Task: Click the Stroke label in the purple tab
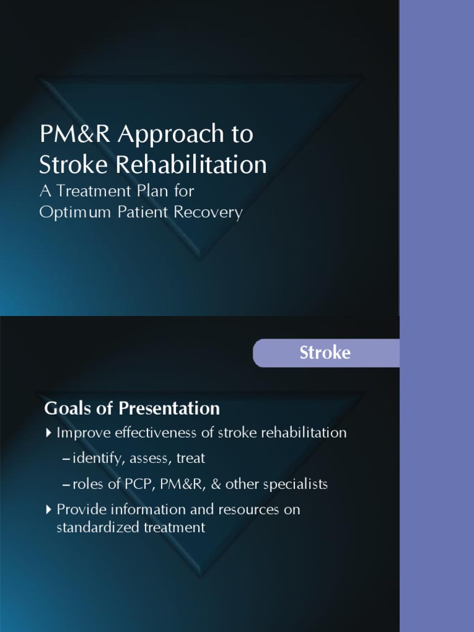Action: click(325, 352)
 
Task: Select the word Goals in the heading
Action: click(65, 409)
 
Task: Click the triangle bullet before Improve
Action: click(49, 433)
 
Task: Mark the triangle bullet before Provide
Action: click(49, 510)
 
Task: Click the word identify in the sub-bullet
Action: click(93, 459)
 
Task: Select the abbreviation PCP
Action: click(139, 484)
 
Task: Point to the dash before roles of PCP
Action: click(66, 485)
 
